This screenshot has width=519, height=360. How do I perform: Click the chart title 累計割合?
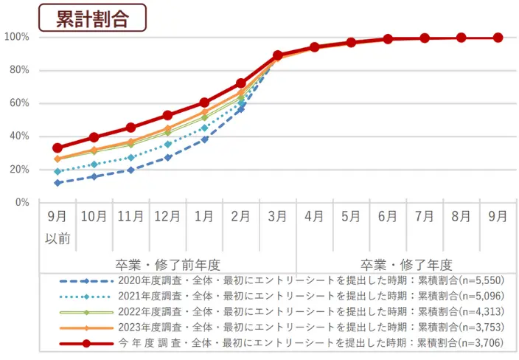click(x=92, y=18)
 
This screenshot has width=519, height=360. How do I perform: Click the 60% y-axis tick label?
click(x=18, y=103)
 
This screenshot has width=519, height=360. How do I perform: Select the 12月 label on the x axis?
click(x=167, y=217)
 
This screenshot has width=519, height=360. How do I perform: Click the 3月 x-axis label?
click(x=278, y=217)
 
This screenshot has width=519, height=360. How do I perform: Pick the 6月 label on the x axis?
click(x=388, y=217)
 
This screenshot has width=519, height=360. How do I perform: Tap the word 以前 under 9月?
click(x=58, y=240)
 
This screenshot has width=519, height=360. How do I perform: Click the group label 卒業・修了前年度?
click(x=167, y=264)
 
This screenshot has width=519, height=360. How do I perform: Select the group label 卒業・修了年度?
click(x=406, y=264)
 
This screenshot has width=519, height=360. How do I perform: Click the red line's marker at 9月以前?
click(x=58, y=148)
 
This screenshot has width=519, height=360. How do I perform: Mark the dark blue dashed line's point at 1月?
click(x=204, y=139)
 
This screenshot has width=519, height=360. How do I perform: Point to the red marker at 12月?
click(x=167, y=115)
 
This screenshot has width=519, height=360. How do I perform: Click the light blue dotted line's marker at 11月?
click(x=130, y=157)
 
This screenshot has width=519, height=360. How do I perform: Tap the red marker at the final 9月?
click(x=498, y=38)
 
